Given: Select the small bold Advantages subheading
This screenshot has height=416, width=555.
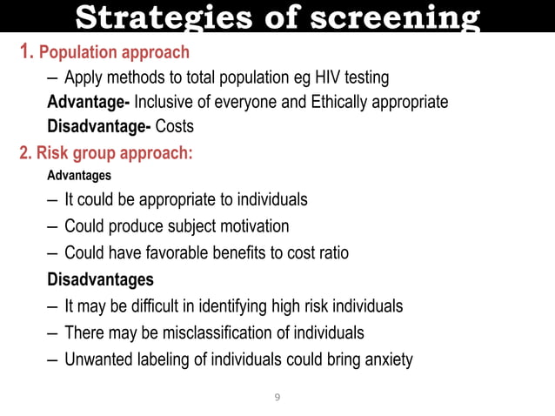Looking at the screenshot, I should (79, 176).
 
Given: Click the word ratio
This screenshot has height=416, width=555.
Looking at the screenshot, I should (329, 252).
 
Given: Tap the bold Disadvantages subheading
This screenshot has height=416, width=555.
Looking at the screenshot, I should (100, 279).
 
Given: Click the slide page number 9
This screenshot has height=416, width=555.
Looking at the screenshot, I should (277, 398).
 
